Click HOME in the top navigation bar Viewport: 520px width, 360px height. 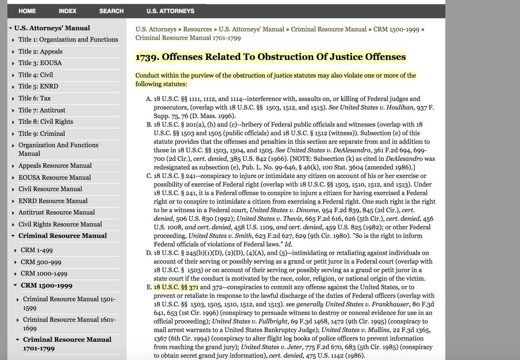coord(26,11)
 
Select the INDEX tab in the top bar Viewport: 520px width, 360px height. coord(68,11)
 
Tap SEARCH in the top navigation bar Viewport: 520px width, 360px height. coord(111,11)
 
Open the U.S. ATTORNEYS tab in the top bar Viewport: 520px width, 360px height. coord(170,11)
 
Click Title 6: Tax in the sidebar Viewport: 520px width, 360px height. coord(34,98)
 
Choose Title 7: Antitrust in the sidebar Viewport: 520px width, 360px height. coord(42,110)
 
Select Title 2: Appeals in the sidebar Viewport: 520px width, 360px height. coord(40,51)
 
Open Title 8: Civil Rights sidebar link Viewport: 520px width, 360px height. coord(45,121)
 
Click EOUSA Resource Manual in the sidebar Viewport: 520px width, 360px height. coord(55,177)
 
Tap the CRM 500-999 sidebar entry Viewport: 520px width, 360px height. coord(41,262)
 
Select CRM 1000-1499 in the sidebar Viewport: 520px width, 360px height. coord(44,274)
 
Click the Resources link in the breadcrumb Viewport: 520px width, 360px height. coord(197,29)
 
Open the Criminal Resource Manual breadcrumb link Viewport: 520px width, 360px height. coord(328,29)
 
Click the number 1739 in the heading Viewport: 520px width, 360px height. coord(146,57)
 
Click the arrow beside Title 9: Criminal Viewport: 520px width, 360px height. coord(13,134)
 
